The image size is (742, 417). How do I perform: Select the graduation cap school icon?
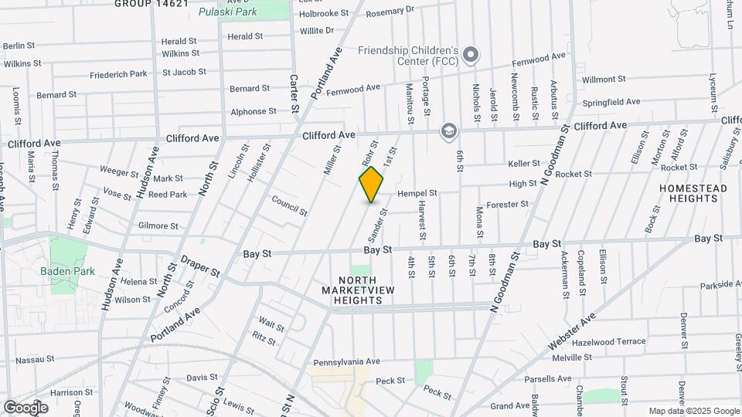[448, 131]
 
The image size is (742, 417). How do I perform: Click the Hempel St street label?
[417, 193]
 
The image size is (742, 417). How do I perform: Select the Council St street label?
[289, 205]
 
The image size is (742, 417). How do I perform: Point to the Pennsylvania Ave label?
[346, 361]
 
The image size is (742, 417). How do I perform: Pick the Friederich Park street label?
[118, 74]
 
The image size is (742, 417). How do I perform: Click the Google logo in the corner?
[26, 407]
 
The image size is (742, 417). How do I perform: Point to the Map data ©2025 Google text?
[693, 411]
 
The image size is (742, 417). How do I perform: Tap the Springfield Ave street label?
[611, 102]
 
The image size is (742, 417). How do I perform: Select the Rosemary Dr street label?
[390, 12]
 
